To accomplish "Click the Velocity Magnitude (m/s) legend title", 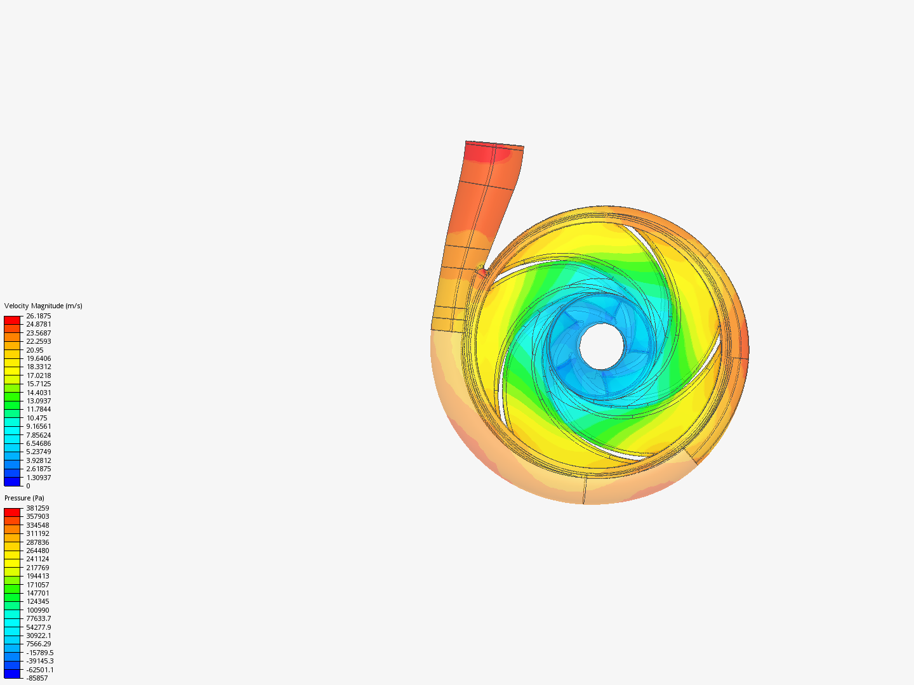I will (43, 306).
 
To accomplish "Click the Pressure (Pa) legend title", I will (24, 498).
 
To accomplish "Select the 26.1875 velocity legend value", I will (38, 316).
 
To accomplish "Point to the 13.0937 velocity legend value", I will (38, 401).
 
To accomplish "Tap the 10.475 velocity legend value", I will (36, 418).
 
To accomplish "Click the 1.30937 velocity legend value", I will (38, 478).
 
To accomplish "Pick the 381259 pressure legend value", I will (37, 508).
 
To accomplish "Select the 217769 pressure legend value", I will (37, 568).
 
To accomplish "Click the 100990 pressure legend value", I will (37, 610).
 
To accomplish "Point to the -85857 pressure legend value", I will (37, 678).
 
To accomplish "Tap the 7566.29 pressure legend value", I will (38, 644).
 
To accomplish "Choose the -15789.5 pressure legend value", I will (39, 653).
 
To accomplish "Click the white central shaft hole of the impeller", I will (601, 346).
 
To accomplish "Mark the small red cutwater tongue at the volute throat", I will (482, 271).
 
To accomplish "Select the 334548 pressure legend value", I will (37, 525).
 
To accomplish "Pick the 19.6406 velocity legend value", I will (38, 358).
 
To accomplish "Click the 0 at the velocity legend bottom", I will (28, 486).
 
